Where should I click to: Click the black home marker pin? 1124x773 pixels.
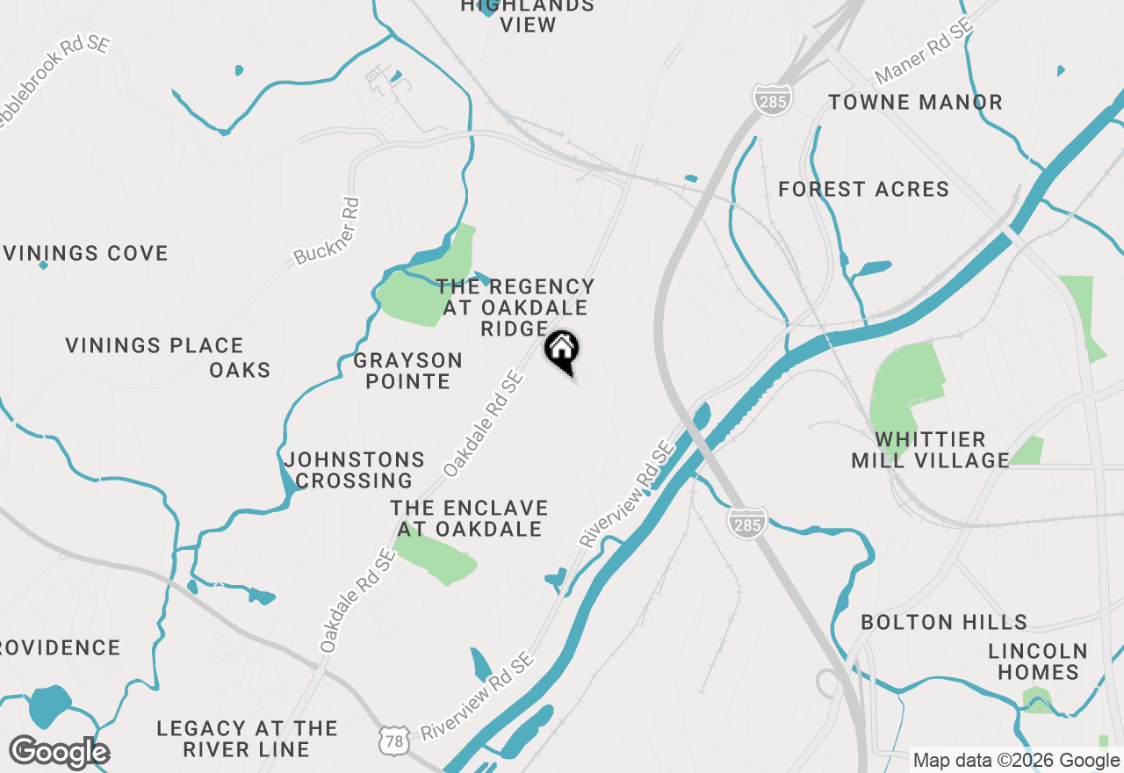click(562, 350)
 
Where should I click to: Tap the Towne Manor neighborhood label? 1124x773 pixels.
click(915, 103)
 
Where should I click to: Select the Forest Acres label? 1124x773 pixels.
click(863, 189)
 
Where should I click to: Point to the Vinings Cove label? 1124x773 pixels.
click(86, 254)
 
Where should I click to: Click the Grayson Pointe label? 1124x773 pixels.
click(407, 371)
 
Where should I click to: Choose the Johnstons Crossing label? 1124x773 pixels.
click(354, 470)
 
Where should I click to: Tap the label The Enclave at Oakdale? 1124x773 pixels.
click(469, 519)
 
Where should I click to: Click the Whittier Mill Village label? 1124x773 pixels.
click(930, 450)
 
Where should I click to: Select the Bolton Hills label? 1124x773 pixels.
click(944, 623)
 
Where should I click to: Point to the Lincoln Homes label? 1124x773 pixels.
click(1037, 661)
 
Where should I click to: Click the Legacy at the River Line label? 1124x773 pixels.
click(246, 739)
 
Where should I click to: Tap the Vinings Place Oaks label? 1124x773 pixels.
click(167, 358)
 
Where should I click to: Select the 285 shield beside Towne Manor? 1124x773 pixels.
click(772, 98)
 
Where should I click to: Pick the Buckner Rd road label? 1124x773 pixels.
click(327, 231)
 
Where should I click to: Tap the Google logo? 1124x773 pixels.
click(59, 753)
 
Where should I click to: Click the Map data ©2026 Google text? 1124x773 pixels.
click(1016, 761)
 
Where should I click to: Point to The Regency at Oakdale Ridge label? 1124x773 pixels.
click(515, 307)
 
